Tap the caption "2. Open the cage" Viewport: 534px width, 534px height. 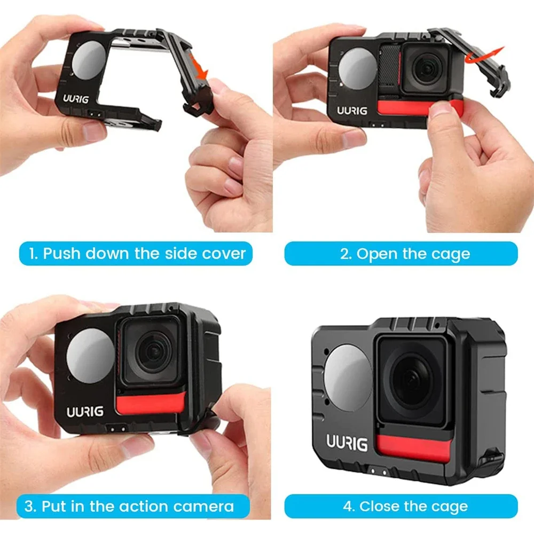(x=400, y=253)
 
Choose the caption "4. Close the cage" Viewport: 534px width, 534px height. (x=400, y=506)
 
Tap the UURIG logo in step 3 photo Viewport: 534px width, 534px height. (x=85, y=412)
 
